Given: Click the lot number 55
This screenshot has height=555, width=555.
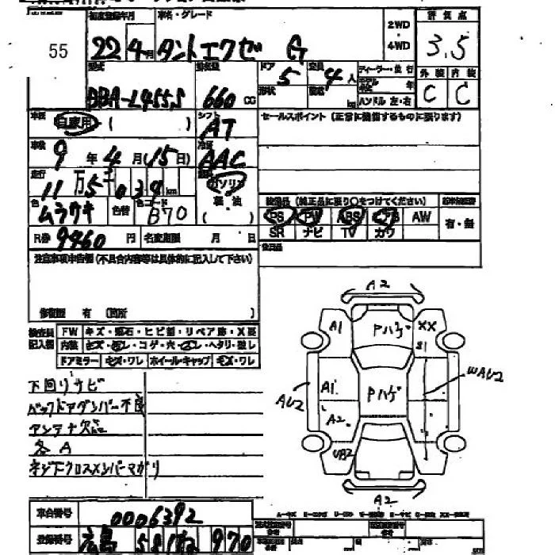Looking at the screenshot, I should [x=58, y=52].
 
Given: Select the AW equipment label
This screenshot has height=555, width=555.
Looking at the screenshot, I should [x=421, y=216].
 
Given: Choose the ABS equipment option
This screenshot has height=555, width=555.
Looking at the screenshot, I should [x=349, y=216].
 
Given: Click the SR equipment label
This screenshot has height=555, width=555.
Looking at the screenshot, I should [x=277, y=232].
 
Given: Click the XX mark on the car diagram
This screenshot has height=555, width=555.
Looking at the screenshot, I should [x=427, y=326].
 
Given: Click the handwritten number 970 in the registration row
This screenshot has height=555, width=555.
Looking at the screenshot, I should [x=231, y=542].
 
